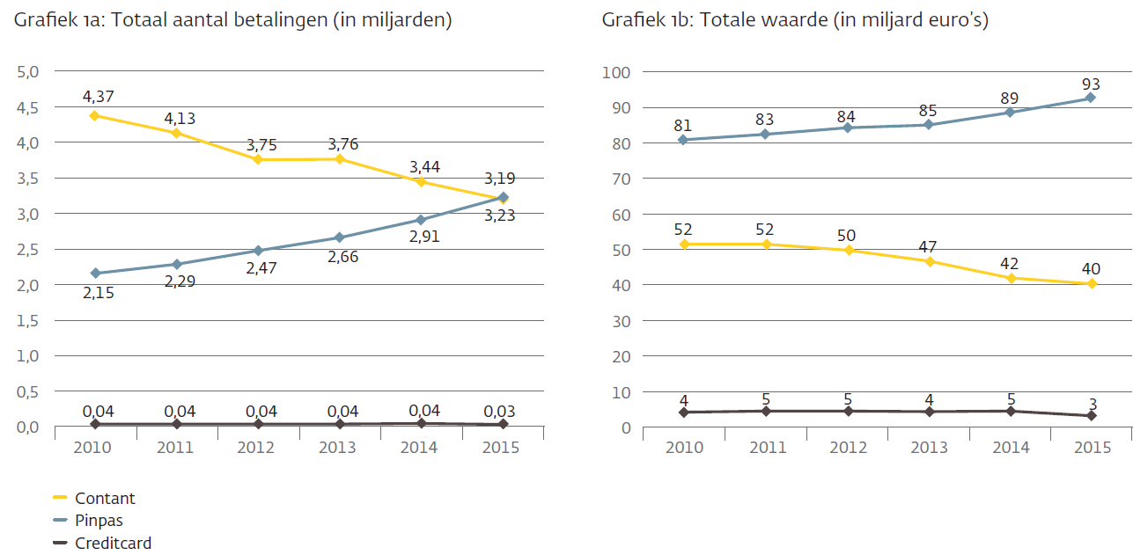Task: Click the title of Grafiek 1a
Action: tap(232, 20)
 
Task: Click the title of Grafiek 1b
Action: tap(795, 20)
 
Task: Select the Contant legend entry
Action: tap(105, 498)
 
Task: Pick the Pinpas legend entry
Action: tap(99, 521)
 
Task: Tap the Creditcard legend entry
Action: tap(114, 544)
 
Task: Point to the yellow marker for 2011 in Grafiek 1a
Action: tap(177, 133)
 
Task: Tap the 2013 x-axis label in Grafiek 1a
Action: tap(338, 447)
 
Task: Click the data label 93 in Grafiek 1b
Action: tap(1092, 84)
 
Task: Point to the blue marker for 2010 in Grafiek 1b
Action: tap(683, 140)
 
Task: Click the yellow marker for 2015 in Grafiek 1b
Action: tap(1092, 283)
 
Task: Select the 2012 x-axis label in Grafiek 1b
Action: tap(848, 447)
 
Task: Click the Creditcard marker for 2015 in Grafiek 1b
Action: tap(1092, 415)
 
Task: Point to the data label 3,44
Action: tap(422, 166)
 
